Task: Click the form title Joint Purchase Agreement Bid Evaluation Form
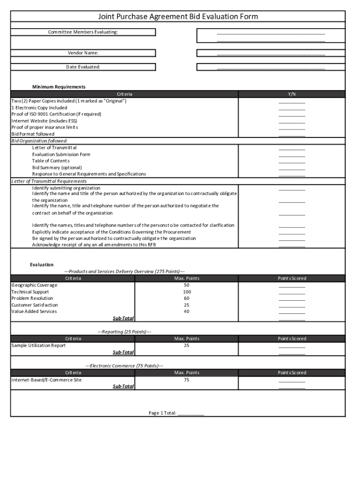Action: [178, 17]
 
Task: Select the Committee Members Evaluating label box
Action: [83, 32]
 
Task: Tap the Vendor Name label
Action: [83, 53]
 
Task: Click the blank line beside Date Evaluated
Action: [271, 67]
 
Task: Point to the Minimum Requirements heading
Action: [59, 87]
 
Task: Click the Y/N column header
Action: [292, 94]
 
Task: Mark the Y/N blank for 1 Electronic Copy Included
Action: [292, 108]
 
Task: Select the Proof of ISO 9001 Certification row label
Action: [56, 114]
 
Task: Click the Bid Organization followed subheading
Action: [39, 141]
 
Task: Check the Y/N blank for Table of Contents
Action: [292, 161]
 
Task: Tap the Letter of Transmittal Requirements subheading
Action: [49, 181]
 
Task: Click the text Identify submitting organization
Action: [66, 188]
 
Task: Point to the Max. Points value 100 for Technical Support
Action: [187, 292]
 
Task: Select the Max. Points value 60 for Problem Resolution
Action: [187, 298]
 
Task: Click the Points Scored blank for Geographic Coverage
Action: [292, 286]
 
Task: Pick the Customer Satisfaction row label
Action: [35, 305]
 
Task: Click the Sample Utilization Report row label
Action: [38, 346]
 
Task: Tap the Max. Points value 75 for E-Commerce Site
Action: [187, 380]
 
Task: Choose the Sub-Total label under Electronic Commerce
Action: [123, 386]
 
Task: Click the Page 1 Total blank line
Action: [191, 414]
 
